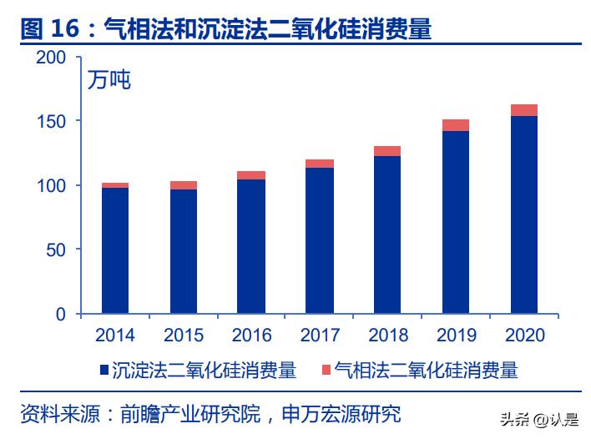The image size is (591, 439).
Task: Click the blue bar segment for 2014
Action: coord(115,250)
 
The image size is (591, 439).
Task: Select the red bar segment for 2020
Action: coord(523,110)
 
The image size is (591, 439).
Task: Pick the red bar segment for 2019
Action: coord(455,125)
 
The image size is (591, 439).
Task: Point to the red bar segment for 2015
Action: coord(183,185)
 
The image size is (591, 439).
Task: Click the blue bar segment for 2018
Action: coord(387,235)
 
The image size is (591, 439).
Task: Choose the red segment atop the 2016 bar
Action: coord(251,175)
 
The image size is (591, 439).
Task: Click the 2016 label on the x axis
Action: coord(251,336)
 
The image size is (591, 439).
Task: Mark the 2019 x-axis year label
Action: coord(456,336)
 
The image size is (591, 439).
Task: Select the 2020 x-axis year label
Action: coord(524,336)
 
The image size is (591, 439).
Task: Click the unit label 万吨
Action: coord(110,81)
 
